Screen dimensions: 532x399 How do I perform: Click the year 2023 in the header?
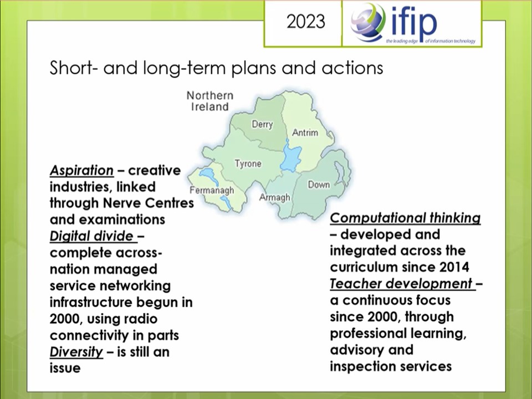306,22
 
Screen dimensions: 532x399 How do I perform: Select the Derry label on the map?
262,124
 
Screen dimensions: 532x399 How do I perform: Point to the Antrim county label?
305,132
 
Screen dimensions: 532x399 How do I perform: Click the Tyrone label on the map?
248,163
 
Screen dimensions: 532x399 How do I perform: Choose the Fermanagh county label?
212,190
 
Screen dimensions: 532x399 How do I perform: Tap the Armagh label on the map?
275,197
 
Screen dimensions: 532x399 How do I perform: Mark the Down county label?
319,185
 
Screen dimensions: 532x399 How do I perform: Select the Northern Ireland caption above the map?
210,101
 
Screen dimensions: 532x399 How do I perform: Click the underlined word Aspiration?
81,170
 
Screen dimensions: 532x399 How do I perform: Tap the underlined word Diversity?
76,352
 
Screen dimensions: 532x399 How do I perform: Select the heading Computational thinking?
405,218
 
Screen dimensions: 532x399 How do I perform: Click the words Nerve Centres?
149,203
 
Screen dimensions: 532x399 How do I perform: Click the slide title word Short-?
75,68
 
